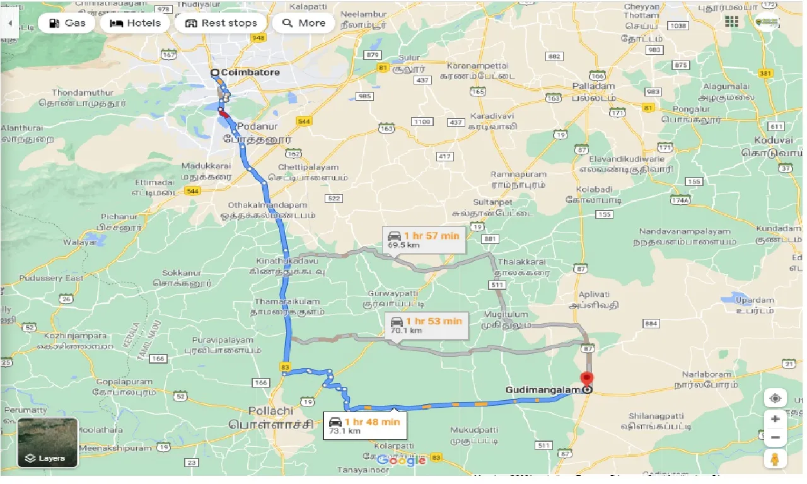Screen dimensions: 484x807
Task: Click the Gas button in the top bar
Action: tap(66, 23)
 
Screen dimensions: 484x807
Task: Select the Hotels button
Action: tap(135, 23)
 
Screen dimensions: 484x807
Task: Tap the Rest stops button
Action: tap(221, 23)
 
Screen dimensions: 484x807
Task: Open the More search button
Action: tap(304, 23)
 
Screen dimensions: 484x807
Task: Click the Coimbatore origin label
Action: tap(250, 72)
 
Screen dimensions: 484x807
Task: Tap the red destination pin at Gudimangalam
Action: tap(587, 380)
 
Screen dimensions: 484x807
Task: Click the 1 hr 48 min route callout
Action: tap(365, 425)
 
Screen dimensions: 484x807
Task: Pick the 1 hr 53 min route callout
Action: tap(426, 325)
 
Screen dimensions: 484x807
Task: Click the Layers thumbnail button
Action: tap(48, 442)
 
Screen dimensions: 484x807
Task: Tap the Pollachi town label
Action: tap(270, 411)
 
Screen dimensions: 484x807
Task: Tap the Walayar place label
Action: tap(80, 242)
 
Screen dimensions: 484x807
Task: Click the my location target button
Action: tap(775, 398)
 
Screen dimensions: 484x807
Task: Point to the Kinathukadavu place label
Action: tap(287, 260)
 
